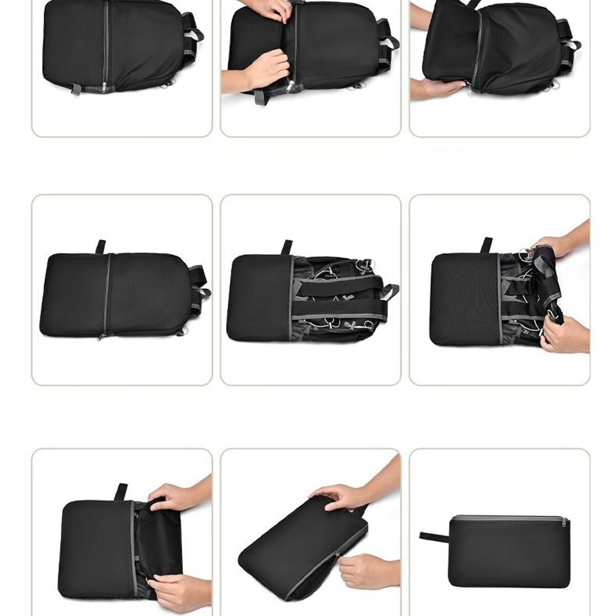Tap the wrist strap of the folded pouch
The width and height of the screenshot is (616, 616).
(x=434, y=536)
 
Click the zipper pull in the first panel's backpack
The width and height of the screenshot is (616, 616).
(x=105, y=89)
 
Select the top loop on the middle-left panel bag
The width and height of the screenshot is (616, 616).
(x=101, y=246)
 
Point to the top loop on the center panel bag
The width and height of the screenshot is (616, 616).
(x=287, y=247)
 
